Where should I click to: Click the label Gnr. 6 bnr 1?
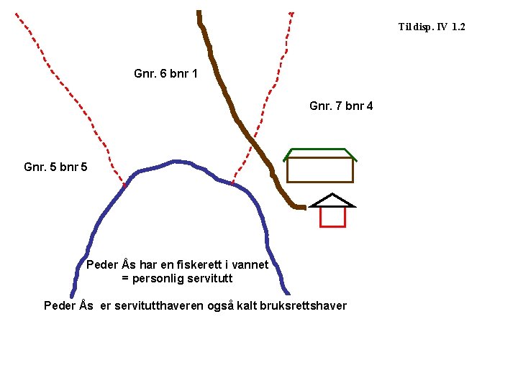165,73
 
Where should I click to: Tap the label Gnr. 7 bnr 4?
341,106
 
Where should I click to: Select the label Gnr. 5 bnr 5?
55,167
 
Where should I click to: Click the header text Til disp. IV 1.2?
432,27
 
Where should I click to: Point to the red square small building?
332,216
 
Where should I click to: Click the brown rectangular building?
320,170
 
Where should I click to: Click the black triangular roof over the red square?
332,200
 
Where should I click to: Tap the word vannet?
251,264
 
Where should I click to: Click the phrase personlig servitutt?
182,278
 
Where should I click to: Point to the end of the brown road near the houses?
302,207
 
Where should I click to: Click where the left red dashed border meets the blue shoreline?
124,185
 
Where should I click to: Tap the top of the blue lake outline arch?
176,162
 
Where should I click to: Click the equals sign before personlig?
125,278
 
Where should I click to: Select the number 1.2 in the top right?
458,27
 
